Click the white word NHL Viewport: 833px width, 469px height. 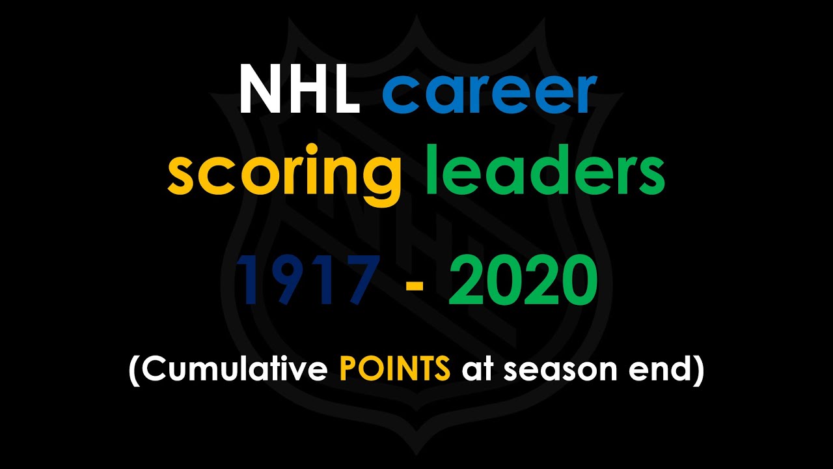pos(299,89)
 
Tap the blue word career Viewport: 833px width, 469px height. pos(489,93)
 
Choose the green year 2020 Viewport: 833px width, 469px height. pos(523,281)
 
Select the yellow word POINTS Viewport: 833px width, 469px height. pos(394,370)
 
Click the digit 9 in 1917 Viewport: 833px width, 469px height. pos(287,281)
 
